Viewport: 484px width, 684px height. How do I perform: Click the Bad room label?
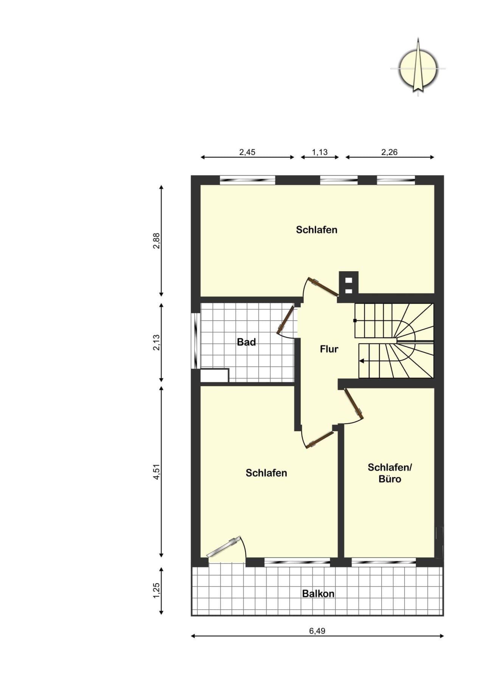[246, 342]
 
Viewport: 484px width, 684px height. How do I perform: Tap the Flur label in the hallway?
[329, 349]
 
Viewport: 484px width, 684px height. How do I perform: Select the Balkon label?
[318, 594]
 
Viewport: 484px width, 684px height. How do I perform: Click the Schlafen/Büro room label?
[390, 473]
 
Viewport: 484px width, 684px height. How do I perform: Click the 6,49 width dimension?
[317, 631]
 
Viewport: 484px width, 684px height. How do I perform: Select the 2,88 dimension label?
[157, 241]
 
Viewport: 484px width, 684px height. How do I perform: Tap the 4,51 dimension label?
[157, 472]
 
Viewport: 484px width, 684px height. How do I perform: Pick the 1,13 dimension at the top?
[320, 152]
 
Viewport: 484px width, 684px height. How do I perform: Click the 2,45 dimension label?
[247, 152]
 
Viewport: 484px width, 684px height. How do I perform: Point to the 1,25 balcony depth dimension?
[157, 591]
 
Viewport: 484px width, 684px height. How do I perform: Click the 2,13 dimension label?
[157, 343]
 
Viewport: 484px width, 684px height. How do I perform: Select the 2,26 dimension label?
[389, 152]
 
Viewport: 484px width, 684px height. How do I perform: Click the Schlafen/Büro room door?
[354, 403]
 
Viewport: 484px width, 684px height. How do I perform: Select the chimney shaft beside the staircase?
[349, 283]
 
